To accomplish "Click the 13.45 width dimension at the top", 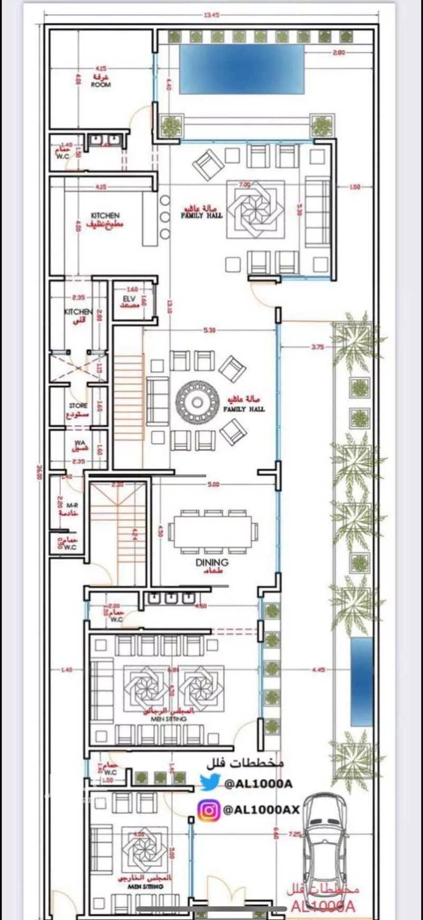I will [x=210, y=15].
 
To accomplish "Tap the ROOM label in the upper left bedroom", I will [x=100, y=85].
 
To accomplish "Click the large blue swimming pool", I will [x=242, y=69].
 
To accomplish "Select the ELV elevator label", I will [x=130, y=299].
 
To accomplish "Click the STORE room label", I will [x=78, y=406].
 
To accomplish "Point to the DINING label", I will [x=212, y=562].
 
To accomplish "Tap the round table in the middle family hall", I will [x=197, y=403].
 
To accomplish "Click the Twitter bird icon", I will [x=210, y=782].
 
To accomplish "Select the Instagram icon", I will [x=209, y=810].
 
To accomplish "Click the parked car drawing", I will [x=323, y=852].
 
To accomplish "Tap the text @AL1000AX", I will [x=261, y=809].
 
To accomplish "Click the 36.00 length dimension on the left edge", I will [x=39, y=472].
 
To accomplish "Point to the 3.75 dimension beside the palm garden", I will [x=317, y=347].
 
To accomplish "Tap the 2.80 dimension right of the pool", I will [x=339, y=52].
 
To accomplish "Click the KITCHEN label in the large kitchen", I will [x=105, y=215].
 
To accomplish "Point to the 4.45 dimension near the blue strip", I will [x=318, y=670].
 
